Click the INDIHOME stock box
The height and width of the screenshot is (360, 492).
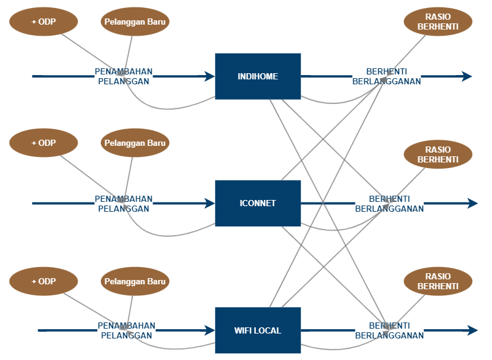258,76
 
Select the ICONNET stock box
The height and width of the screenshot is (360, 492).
258,203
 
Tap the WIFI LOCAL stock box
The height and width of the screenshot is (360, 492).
258,330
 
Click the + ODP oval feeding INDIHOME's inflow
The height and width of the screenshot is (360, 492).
44,22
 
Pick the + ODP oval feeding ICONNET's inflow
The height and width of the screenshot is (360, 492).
44,143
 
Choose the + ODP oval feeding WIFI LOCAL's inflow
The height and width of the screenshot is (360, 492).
44,282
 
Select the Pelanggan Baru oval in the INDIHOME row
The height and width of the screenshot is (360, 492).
135,22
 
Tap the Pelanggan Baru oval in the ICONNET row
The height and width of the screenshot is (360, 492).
135,143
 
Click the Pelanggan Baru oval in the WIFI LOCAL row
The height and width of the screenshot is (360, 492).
135,282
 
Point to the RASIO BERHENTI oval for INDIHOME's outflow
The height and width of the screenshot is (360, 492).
438,22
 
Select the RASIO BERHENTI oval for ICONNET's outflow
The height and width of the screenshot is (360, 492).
438,154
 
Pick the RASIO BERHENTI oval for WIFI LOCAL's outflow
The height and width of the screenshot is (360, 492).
438,282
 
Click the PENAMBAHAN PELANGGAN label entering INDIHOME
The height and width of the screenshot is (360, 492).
124,76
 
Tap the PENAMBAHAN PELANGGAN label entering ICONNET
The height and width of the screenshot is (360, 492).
124,204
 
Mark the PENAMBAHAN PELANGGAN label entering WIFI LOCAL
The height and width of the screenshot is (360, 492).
126,330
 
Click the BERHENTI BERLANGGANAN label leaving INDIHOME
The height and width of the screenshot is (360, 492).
386,76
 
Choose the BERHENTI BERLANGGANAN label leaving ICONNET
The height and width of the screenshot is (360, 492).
389,204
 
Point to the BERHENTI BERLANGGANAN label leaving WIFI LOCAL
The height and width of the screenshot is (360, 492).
389,330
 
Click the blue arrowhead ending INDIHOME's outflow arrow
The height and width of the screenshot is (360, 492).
467,76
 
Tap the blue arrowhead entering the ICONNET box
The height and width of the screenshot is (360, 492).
210,203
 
